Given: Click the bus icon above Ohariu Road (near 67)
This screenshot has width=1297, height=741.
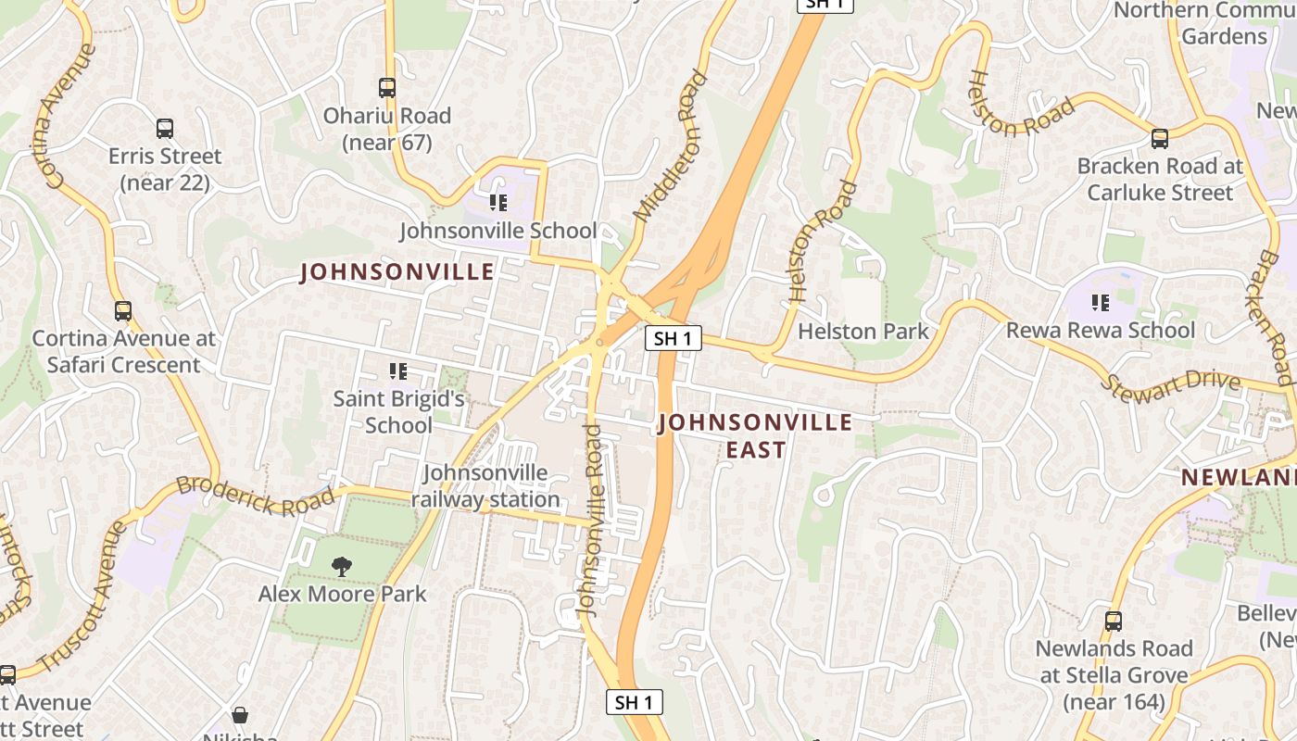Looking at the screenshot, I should [387, 88].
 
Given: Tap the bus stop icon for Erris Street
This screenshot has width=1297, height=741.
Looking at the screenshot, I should [165, 129].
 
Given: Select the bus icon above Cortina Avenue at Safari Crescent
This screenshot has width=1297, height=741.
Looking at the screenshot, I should [123, 311].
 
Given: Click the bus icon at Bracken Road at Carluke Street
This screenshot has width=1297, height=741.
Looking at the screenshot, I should [1160, 139].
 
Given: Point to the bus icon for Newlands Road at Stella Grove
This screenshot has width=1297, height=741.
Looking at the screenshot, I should [1114, 622].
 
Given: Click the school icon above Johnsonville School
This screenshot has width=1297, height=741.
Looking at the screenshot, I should [498, 202].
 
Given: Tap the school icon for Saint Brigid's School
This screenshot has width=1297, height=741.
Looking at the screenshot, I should [398, 371].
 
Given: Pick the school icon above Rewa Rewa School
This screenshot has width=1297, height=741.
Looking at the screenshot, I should [1101, 302].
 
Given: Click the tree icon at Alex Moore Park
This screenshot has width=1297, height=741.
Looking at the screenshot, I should [342, 566].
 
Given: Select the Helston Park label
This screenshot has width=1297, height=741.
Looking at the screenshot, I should [863, 331].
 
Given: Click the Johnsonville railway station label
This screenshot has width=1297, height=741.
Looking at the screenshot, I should [485, 486].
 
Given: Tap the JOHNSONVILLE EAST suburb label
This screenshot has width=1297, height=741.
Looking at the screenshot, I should [755, 436].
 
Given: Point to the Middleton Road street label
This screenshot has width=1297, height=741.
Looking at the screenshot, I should [670, 146].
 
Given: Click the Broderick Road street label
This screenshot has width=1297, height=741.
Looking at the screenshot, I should [255, 495].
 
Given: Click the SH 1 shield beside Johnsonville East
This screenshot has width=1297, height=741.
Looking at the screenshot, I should [673, 338].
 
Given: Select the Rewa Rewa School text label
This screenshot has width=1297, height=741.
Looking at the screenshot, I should [1101, 331].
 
